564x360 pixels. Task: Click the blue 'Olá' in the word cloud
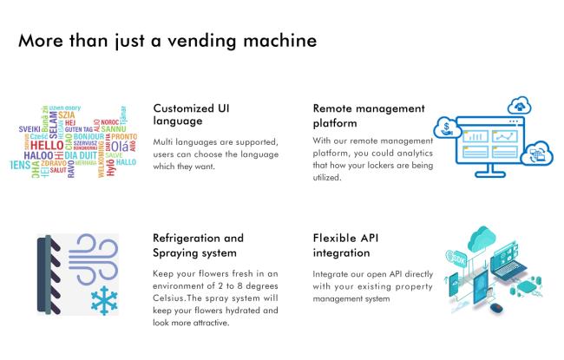point(119,146)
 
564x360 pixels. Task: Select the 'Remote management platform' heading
point(369,115)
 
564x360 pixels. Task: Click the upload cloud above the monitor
point(520,106)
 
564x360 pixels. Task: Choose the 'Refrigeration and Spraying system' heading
point(198,245)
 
